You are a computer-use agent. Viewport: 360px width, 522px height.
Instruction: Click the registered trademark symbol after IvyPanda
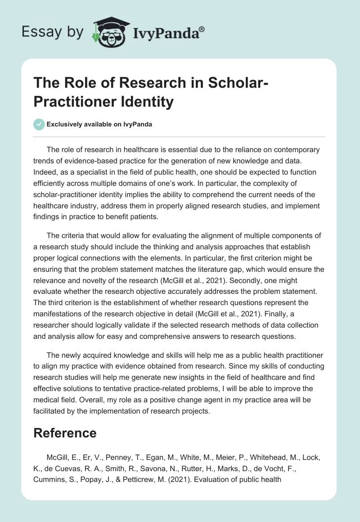(202, 28)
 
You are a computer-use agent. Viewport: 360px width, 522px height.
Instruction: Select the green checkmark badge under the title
(39, 124)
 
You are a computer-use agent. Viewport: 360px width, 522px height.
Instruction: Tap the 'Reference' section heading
(65, 433)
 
